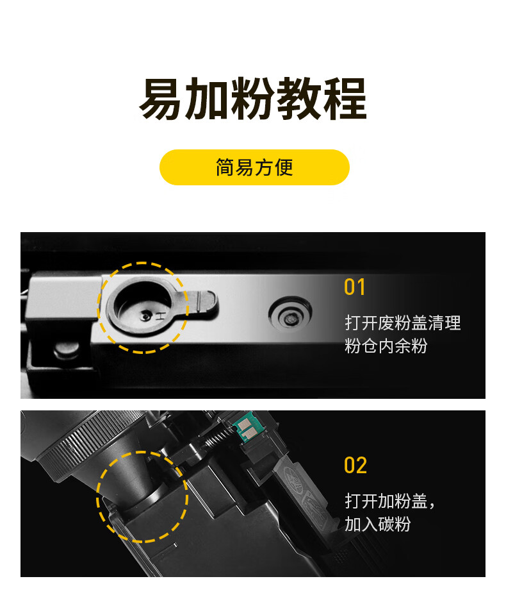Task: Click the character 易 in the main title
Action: click(x=161, y=100)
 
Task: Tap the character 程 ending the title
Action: click(x=344, y=100)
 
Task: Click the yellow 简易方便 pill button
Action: click(x=254, y=167)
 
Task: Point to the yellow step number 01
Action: click(x=355, y=287)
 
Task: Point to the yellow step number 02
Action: click(x=355, y=466)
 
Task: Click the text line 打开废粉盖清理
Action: click(x=402, y=323)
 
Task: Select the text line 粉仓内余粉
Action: click(x=386, y=346)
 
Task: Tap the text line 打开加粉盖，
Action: click(x=390, y=501)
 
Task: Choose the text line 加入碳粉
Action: click(x=377, y=525)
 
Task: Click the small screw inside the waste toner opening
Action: click(x=147, y=314)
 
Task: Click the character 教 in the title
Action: click(x=298, y=100)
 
